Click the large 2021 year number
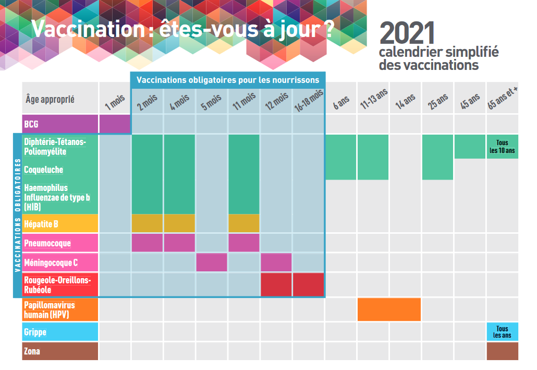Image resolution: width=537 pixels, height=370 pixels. point(407,33)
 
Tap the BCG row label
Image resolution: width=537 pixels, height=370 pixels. point(31,125)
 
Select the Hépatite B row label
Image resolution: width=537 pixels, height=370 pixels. point(42,224)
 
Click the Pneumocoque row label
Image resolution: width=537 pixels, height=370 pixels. point(47,243)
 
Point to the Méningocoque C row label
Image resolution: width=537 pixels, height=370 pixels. point(51,262)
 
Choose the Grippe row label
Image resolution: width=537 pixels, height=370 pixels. point(35,332)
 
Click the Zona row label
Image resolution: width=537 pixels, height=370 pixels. point(32,351)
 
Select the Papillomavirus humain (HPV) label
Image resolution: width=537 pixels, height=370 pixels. point(50,309)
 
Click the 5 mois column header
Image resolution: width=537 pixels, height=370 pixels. point(212,101)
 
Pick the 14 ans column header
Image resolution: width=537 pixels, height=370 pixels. point(405,101)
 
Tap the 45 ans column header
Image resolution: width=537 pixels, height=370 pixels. point(470,101)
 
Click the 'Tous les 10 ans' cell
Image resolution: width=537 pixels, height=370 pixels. point(502,147)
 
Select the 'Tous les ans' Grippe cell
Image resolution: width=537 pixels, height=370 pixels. point(502,332)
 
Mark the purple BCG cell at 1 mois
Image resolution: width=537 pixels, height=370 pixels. point(114,124)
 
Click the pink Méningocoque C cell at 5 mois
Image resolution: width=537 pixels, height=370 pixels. point(212,262)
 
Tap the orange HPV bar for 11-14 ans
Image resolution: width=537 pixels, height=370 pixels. point(389,309)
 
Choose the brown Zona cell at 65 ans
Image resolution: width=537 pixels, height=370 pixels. point(502,351)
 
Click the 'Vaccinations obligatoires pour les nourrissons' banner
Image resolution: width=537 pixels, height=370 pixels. point(228,80)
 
